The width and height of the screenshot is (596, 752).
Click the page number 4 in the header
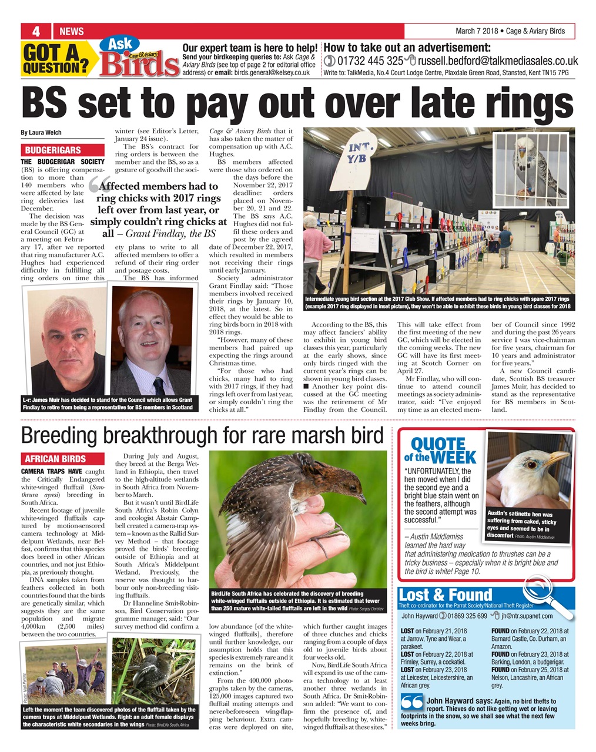point(36,31)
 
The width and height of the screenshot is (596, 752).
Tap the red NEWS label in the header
point(72,31)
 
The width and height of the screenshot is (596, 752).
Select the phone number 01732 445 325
point(369,61)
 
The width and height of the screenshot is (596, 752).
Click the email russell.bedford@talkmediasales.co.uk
point(497,61)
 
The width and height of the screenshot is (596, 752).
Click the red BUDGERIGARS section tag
point(53,150)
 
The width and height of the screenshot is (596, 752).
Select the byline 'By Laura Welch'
point(41,132)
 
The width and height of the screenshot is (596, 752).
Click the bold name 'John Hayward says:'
point(459,701)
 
